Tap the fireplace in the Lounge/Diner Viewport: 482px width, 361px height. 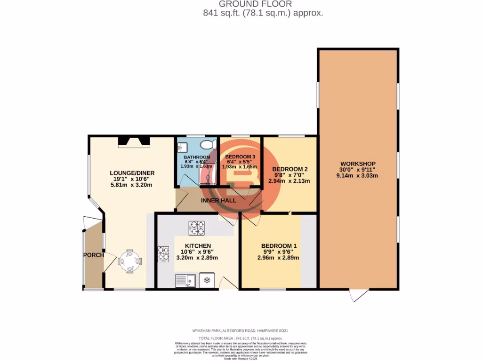pyautogui.click(x=133, y=141)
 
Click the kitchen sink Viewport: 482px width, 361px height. pyautogui.click(x=186, y=281)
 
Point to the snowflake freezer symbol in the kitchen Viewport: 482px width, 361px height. pyautogui.click(x=206, y=281)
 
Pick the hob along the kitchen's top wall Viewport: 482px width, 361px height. pyautogui.click(x=196, y=228)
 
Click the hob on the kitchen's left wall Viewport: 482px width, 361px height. pyautogui.click(x=163, y=254)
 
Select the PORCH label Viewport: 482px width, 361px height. pyautogui.click(x=93, y=255)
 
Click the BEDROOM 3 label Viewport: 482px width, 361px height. pyautogui.click(x=240, y=157)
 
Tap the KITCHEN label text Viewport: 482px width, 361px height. pyautogui.click(x=198, y=246)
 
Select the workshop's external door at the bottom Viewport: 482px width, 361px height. pyautogui.click(x=359, y=295)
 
